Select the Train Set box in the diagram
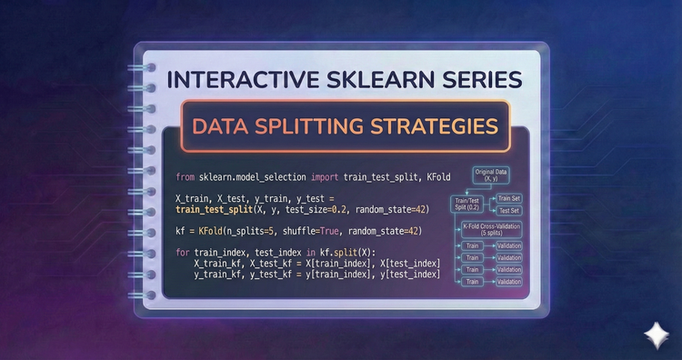click(x=506, y=197)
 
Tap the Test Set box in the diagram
click(x=506, y=211)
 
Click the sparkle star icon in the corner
click(x=654, y=334)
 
